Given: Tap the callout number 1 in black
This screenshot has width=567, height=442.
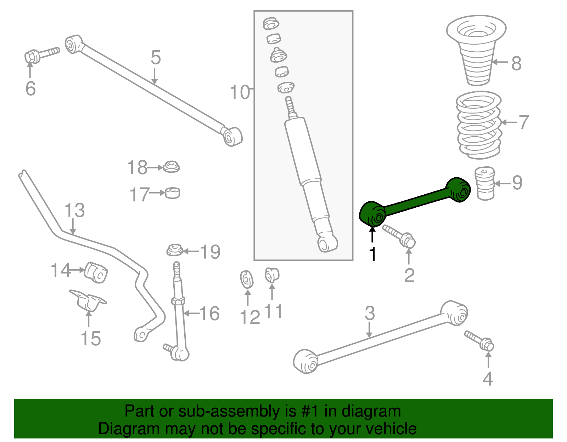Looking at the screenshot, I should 372,254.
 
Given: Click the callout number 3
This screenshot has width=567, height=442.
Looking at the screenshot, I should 370,314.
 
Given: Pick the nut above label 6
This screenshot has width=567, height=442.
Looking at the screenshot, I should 32,57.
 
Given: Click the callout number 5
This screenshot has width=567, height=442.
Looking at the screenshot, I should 156,58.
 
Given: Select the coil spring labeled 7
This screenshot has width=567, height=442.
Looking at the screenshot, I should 479,125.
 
